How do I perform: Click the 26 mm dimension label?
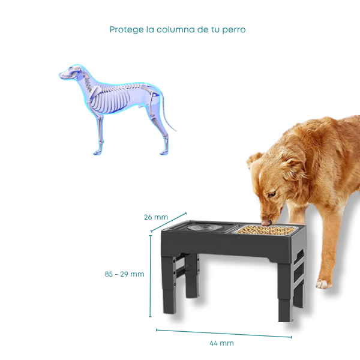[x=156, y=217]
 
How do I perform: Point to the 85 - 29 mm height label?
[x=124, y=274]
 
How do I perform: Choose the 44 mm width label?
[x=221, y=343]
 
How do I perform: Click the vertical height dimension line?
[x=151, y=276]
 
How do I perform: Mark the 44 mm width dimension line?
[x=224, y=334]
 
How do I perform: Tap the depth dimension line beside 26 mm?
[x=169, y=222]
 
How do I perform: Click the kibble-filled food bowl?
[x=265, y=230]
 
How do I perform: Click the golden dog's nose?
[x=266, y=223]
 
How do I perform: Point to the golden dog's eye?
[x=272, y=194]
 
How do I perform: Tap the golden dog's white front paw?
[x=324, y=284]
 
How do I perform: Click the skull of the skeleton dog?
[x=71, y=72]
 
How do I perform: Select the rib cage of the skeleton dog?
[x=110, y=99]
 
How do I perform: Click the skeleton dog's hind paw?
[x=164, y=152]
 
